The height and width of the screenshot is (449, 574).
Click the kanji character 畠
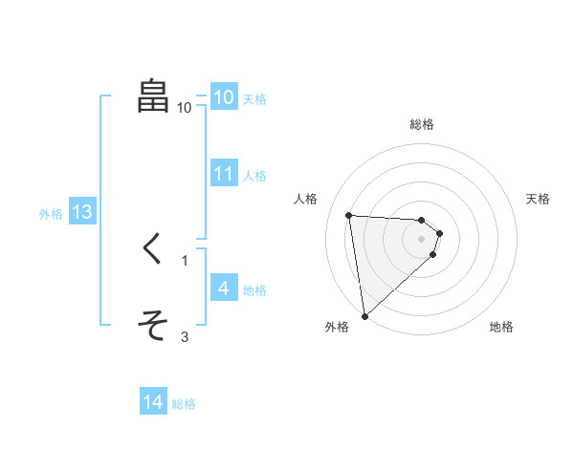point(153,96)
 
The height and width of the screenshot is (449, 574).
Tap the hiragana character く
point(152,248)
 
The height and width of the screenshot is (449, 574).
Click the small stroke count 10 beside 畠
point(185,108)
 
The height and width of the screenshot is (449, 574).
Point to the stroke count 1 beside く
point(185,260)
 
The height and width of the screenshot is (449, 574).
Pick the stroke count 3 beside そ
point(185,336)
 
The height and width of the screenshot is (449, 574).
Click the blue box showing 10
point(223,96)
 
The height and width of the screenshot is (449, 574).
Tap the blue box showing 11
point(223,174)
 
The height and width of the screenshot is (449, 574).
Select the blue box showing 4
point(223,288)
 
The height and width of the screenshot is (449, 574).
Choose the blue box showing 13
point(82,212)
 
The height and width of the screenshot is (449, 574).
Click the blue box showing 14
point(153,402)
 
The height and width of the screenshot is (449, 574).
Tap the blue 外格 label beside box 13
point(51,214)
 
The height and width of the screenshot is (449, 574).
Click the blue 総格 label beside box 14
point(184,404)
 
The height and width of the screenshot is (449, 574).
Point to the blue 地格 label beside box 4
point(254,290)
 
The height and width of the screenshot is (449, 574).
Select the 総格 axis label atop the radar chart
point(422,124)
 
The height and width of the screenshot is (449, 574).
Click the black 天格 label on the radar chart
point(538,199)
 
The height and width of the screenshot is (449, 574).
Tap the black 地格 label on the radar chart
point(501,327)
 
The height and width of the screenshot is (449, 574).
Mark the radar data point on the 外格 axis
point(364,316)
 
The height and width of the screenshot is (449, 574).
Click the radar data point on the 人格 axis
point(348,215)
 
